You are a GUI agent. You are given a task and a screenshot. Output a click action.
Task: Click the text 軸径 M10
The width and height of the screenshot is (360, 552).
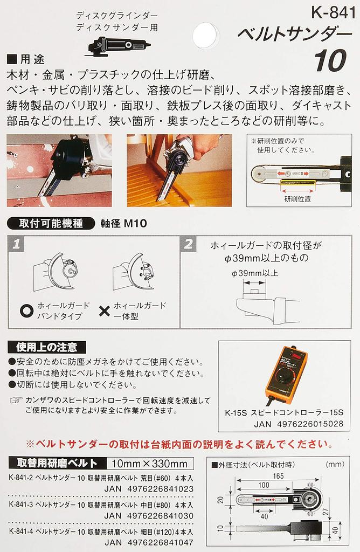coord(117,224)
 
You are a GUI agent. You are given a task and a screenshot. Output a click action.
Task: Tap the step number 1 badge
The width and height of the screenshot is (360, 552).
coord(18,244)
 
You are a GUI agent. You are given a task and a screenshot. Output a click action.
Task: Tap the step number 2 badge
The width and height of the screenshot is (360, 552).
coord(188,244)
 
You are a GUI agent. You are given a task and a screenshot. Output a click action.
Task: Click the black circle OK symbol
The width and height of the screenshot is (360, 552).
coord(25,310)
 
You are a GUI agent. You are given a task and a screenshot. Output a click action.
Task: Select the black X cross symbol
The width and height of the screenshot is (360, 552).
coord(104,310)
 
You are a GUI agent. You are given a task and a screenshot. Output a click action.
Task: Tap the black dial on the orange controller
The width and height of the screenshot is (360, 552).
coord(280,378)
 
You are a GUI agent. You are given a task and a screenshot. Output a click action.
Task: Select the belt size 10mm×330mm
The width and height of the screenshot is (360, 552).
coord(147,463)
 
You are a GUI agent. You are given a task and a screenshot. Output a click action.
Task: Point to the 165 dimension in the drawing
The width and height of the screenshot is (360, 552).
coord(279,475)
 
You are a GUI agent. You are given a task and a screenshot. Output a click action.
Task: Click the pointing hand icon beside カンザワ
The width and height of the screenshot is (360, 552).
coord(17,401)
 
